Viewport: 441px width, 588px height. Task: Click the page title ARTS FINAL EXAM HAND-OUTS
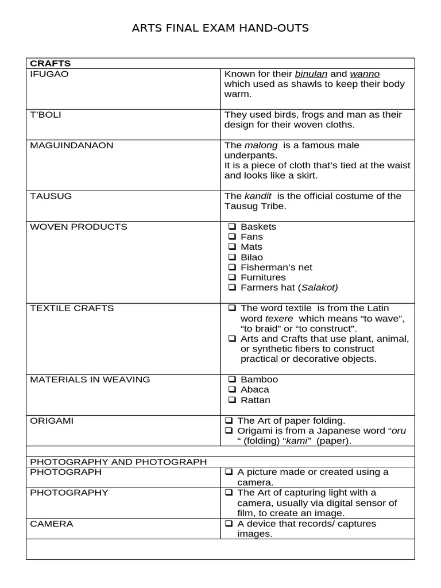(x=220, y=28)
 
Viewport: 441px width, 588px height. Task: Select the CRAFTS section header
(x=50, y=63)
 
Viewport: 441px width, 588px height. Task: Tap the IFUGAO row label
(x=49, y=74)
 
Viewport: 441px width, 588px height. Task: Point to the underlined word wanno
(x=365, y=74)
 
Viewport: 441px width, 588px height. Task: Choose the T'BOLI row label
(x=45, y=115)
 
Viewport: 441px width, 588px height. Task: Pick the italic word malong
(x=261, y=145)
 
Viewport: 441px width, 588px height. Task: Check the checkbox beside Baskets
(x=232, y=227)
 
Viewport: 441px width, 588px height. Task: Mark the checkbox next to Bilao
(x=232, y=257)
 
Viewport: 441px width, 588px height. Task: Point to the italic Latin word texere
(x=279, y=319)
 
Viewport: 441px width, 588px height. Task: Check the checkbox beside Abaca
(x=232, y=390)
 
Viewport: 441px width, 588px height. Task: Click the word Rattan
(x=255, y=400)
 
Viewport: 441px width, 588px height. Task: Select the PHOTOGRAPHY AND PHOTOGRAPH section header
(x=118, y=462)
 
